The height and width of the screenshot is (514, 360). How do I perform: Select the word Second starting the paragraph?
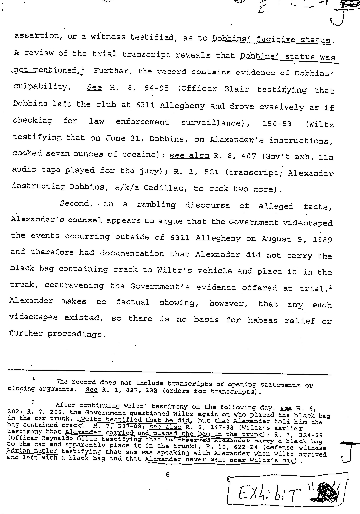pos(74,204)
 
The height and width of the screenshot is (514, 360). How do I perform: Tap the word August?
pos(267,238)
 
